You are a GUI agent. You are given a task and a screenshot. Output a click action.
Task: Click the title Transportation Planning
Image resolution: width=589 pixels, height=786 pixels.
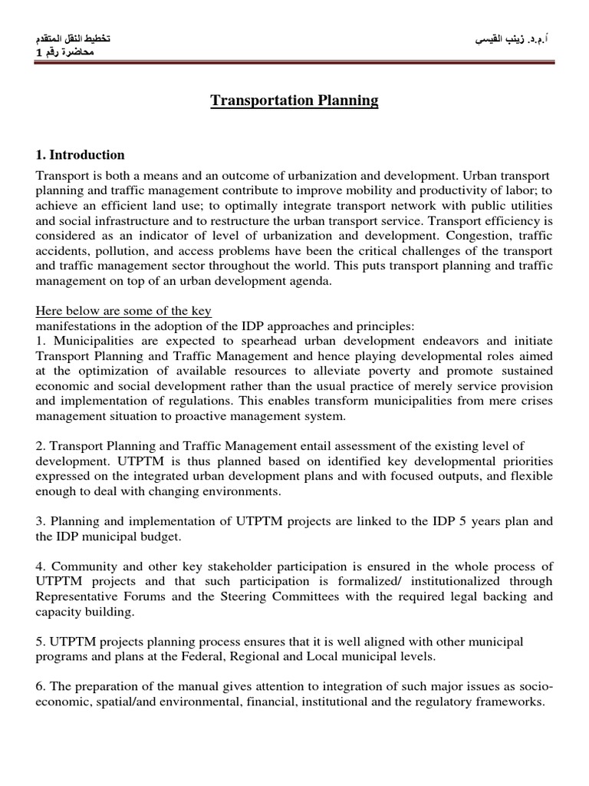point(294,101)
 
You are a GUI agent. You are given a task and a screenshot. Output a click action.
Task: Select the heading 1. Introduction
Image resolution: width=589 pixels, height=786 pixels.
point(81,155)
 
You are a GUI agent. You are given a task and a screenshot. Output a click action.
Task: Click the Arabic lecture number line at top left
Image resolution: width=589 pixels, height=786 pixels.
point(67,52)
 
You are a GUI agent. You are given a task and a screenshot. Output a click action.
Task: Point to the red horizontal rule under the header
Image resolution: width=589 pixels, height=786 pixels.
point(294,63)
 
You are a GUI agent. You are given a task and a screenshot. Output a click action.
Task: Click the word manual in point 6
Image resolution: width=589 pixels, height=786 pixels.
point(166,686)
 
